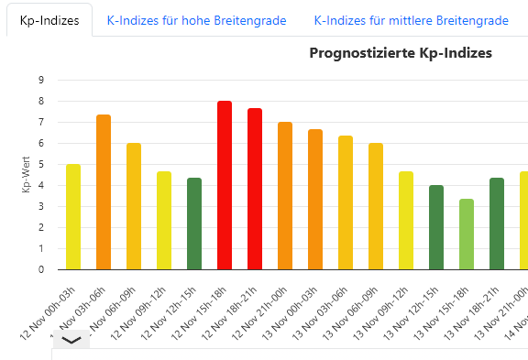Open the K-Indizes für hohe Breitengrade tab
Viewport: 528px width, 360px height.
[x=196, y=19]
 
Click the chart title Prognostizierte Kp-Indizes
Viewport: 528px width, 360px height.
[x=401, y=53]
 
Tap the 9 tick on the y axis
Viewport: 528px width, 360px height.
[x=41, y=80]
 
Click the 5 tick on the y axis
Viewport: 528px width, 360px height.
[x=41, y=164]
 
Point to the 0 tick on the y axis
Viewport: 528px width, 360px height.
[x=41, y=269]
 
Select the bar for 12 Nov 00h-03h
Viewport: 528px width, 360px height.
[x=73, y=217]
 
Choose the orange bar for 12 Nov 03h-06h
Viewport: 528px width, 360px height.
[x=104, y=192]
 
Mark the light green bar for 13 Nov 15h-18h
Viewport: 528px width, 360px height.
[x=467, y=235]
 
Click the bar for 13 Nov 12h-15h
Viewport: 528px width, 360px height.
[x=436, y=227]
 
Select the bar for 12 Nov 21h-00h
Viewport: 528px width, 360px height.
[x=285, y=196]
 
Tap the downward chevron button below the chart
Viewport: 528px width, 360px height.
[x=71, y=340]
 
